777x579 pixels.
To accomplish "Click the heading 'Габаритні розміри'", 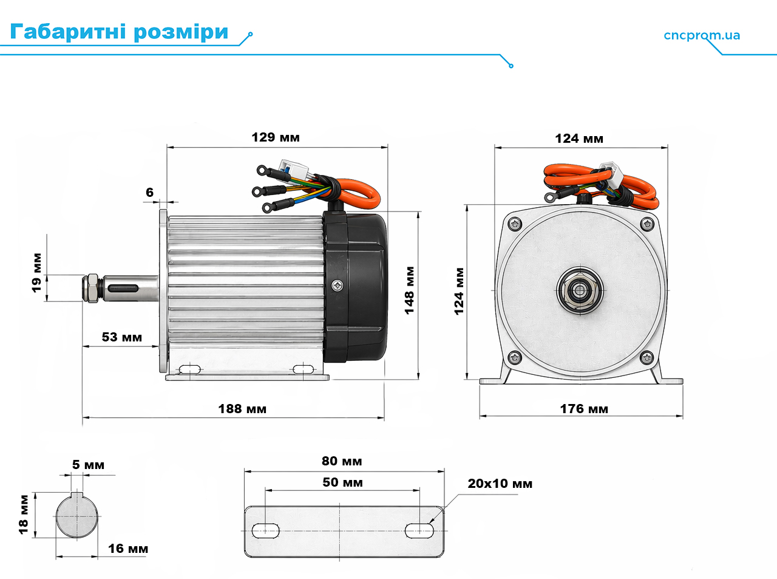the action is (x=119, y=32).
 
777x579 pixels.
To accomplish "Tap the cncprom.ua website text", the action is (x=702, y=36).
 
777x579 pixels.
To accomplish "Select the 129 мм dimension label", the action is (x=276, y=137).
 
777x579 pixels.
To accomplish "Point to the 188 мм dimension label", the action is (x=242, y=409).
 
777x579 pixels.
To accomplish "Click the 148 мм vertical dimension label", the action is (x=409, y=290).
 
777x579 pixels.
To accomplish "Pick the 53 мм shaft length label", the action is (x=122, y=337).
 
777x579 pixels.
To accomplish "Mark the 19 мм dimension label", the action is (x=36, y=273).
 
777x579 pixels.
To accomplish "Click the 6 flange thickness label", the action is (x=149, y=192).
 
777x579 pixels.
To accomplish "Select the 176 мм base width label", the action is (x=584, y=409).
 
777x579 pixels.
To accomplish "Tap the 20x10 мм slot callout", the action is (x=500, y=484).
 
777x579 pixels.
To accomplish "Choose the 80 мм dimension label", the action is (x=342, y=461).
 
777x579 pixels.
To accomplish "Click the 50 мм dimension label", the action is (x=342, y=482).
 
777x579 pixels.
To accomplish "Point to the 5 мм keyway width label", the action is (x=88, y=465).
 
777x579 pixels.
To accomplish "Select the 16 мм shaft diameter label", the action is (x=128, y=549).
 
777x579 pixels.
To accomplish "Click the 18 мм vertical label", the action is (x=24, y=515).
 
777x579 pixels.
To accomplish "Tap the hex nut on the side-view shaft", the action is (x=92, y=288).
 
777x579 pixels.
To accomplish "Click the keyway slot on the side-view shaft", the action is (x=123, y=289).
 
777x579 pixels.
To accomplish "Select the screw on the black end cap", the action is (x=337, y=286).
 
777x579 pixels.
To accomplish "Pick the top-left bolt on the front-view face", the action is (x=515, y=224).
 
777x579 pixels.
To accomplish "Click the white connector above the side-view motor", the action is (x=294, y=169).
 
